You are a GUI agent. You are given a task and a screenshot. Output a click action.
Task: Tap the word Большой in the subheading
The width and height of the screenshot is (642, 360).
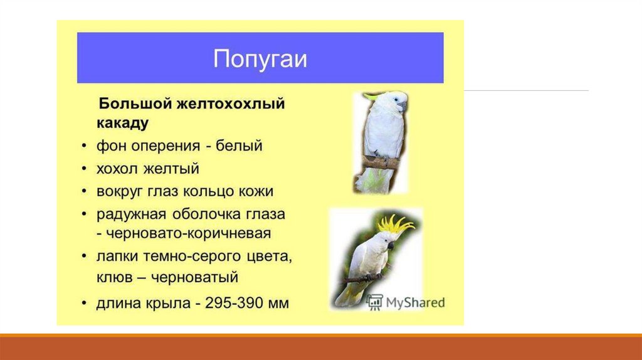click(x=135, y=103)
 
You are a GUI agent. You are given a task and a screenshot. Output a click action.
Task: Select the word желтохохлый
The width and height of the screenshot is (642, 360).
click(x=231, y=103)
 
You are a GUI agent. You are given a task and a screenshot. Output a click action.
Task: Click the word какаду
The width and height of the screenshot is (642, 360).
click(x=122, y=123)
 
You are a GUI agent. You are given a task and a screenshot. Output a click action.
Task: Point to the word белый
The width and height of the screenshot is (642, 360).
click(x=239, y=146)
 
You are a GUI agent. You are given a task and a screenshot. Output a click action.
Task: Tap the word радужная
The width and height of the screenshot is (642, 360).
click(x=132, y=214)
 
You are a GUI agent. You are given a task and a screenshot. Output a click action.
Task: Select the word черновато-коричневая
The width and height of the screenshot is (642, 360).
click(x=188, y=233)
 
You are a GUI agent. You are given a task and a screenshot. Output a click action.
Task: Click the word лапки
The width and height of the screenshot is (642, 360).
click(x=117, y=257)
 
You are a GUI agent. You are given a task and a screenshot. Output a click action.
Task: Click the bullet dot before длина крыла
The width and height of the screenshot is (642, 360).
click(x=84, y=304)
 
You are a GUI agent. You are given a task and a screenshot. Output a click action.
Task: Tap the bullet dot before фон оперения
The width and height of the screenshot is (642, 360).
click(x=84, y=146)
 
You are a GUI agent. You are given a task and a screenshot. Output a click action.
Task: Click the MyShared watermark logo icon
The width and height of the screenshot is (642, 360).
click(x=374, y=302)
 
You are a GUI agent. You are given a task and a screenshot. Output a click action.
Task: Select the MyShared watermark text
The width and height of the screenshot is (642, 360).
click(x=415, y=303)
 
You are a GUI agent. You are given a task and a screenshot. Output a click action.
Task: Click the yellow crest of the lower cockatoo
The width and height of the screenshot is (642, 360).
click(x=395, y=225)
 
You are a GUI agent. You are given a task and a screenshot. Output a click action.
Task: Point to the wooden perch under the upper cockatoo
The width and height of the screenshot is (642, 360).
click(x=380, y=162)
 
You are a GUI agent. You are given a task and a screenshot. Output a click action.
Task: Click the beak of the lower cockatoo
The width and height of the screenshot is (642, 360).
click(x=391, y=246)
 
